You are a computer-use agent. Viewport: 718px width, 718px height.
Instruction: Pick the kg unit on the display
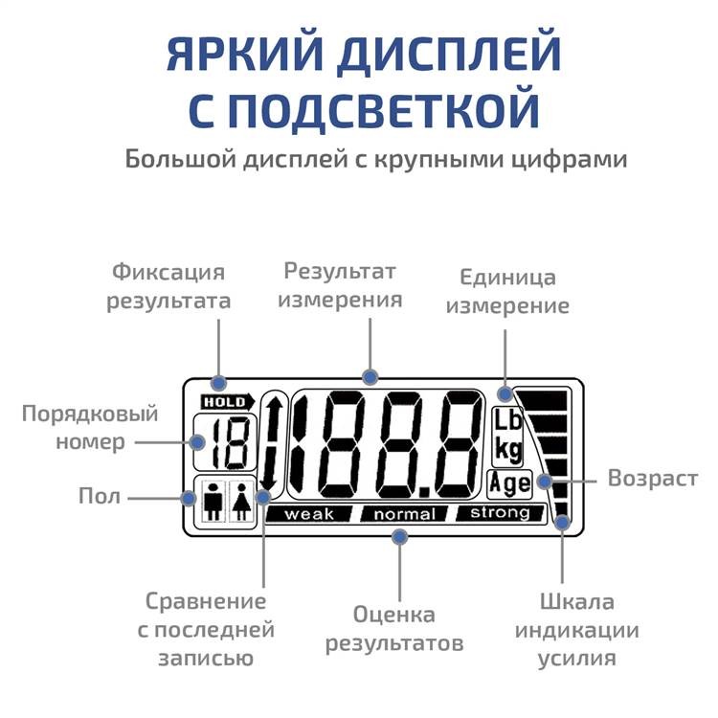pos(507,448)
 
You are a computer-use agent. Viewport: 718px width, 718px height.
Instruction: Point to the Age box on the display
pos(508,482)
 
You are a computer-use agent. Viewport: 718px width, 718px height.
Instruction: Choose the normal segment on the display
pos(404,514)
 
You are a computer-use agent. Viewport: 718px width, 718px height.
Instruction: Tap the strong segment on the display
pos(500,513)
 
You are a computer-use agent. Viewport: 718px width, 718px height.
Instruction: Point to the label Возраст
pos(653,478)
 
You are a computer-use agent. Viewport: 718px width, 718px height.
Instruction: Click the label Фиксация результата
pos(168,286)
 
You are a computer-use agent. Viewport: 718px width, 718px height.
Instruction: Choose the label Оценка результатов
pos(393,629)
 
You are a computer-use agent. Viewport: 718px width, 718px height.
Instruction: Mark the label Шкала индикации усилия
pos(576,630)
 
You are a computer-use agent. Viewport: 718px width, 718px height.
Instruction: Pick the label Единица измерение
pos(507,292)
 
